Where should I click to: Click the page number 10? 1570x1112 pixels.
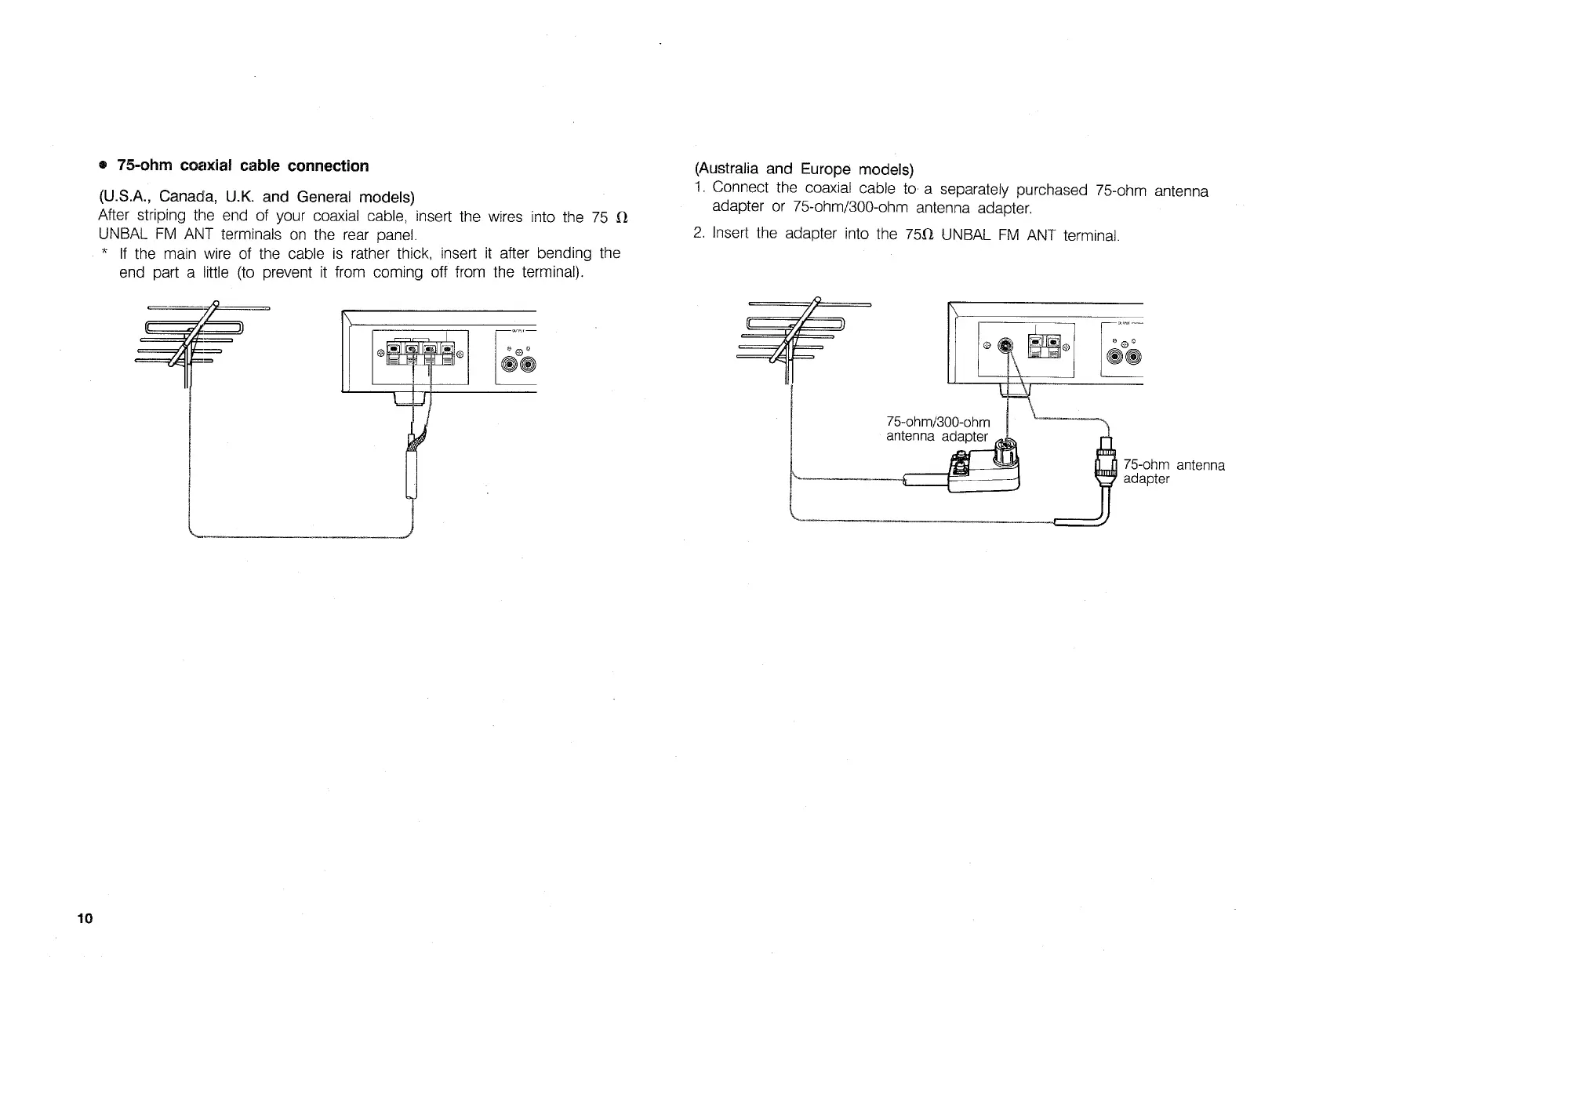point(85,919)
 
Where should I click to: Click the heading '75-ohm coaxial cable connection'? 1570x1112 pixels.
point(242,166)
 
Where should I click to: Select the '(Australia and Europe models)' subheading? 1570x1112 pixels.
point(804,169)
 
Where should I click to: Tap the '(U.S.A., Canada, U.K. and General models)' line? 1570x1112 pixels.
point(256,196)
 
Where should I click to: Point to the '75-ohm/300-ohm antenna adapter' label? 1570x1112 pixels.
point(938,430)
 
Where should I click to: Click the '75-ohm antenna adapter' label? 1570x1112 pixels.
point(1173,471)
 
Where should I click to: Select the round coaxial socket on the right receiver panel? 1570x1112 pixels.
point(1007,344)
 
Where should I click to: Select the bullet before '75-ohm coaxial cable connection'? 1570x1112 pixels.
point(102,166)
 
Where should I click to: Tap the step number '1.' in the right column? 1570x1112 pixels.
point(700,188)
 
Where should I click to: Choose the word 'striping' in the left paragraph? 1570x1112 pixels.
point(161,216)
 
